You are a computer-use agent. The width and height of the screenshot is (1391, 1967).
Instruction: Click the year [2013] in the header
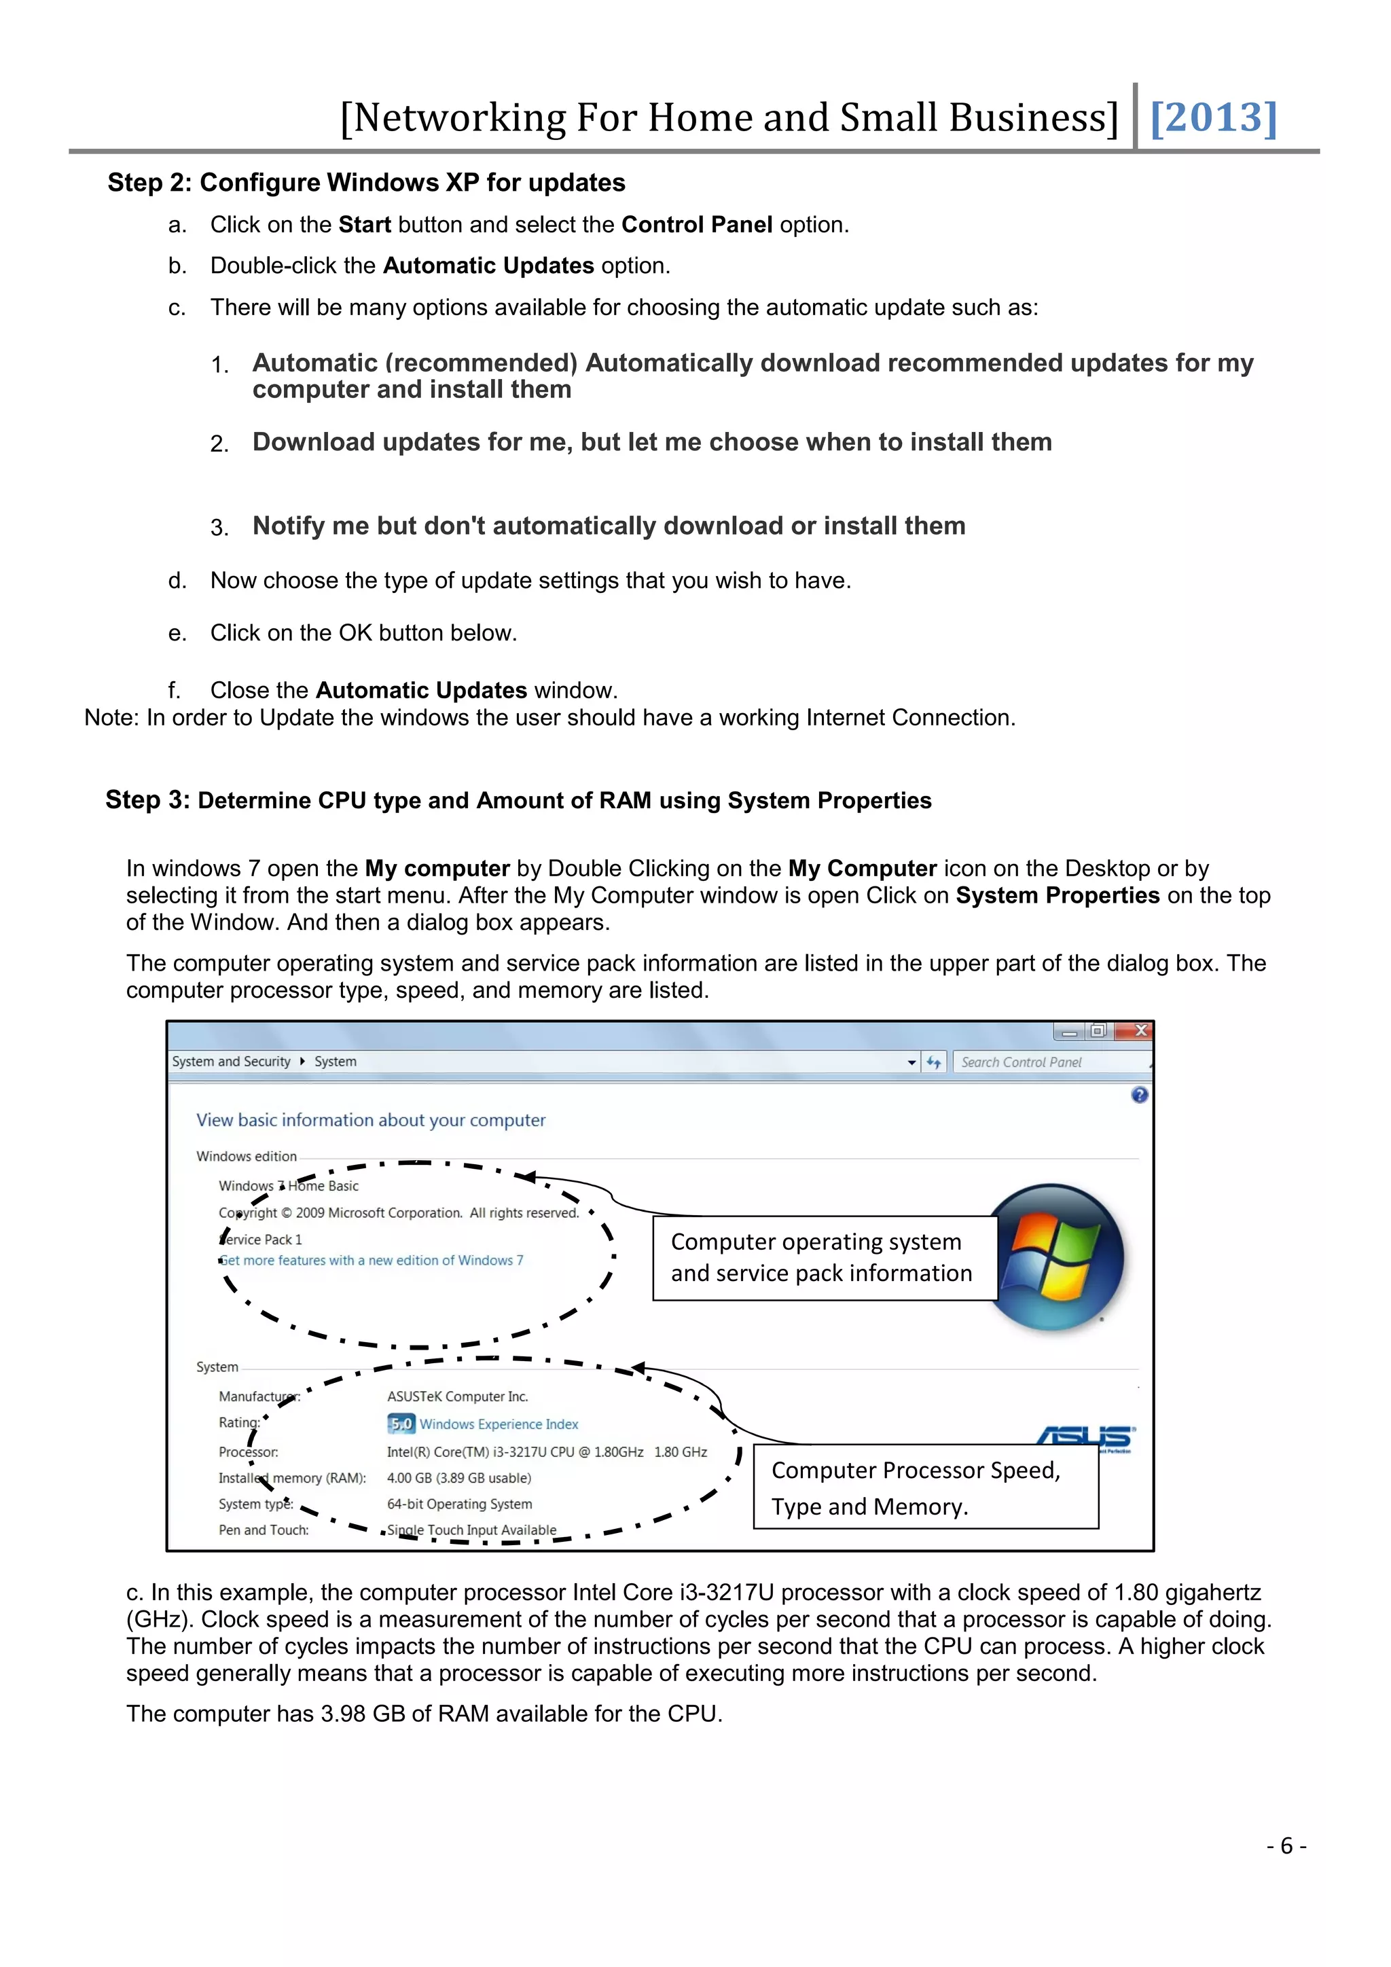[1213, 118]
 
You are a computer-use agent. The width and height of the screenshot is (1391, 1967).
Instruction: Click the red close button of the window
[1140, 1030]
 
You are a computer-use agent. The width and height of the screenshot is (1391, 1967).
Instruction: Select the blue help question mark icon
[1139, 1095]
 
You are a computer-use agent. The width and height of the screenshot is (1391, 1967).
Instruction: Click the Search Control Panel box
[1049, 1062]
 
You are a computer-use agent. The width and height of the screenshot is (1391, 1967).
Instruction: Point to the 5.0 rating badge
[401, 1424]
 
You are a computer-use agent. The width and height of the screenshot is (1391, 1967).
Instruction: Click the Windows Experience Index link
[499, 1424]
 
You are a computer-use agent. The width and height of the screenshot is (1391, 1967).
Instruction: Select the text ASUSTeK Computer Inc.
[457, 1396]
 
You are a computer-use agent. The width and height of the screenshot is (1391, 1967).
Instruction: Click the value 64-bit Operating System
[459, 1504]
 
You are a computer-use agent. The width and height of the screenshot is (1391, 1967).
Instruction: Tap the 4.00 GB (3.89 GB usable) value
[458, 1478]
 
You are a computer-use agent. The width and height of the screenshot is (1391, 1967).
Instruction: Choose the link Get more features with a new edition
[372, 1260]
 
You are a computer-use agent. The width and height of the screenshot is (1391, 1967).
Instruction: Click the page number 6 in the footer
[1286, 1845]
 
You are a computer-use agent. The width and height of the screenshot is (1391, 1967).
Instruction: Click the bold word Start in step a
[365, 224]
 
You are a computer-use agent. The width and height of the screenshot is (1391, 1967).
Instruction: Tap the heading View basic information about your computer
[370, 1120]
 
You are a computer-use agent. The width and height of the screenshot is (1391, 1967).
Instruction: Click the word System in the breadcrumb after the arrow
[335, 1062]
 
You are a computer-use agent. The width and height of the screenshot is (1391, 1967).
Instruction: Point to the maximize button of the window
[1098, 1030]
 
